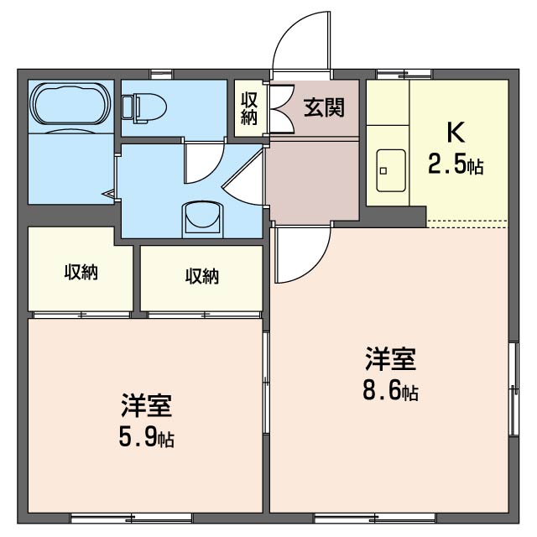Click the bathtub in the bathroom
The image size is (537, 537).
click(70, 103)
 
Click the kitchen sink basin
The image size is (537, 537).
click(391, 170)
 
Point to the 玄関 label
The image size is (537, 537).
click(324, 107)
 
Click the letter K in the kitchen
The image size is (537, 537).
click(456, 132)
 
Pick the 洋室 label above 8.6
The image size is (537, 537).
click(391, 358)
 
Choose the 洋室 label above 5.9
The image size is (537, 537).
click(146, 405)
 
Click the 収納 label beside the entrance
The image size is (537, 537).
click(249, 108)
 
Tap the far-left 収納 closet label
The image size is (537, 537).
click(81, 272)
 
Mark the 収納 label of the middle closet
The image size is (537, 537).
click(202, 276)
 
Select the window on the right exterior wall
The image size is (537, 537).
click(514, 388)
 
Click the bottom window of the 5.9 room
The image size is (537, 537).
click(131, 518)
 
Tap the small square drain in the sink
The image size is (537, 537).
click(383, 171)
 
